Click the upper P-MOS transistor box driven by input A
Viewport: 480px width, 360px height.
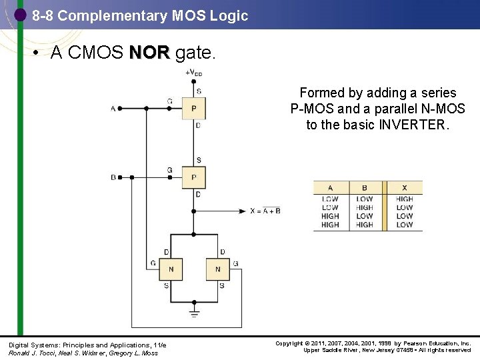(x=194, y=107)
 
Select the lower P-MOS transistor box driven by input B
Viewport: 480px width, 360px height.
(x=194, y=177)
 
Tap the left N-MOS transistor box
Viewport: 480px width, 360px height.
(x=171, y=269)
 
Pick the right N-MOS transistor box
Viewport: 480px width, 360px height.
(x=217, y=269)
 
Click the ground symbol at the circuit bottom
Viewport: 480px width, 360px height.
(x=194, y=310)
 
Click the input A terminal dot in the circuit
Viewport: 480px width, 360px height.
(x=120, y=108)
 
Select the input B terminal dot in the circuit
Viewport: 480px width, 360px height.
(x=120, y=177)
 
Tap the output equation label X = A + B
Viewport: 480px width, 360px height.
(x=265, y=211)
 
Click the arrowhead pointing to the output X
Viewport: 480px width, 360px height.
(x=244, y=211)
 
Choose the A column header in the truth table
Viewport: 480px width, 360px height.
(x=330, y=188)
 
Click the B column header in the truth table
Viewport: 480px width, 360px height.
(x=365, y=188)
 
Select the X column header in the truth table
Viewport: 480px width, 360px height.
(x=404, y=188)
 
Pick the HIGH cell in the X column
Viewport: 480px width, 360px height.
(x=404, y=199)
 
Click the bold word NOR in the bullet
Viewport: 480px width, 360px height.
(x=150, y=53)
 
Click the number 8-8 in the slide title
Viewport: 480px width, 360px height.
(x=43, y=15)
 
